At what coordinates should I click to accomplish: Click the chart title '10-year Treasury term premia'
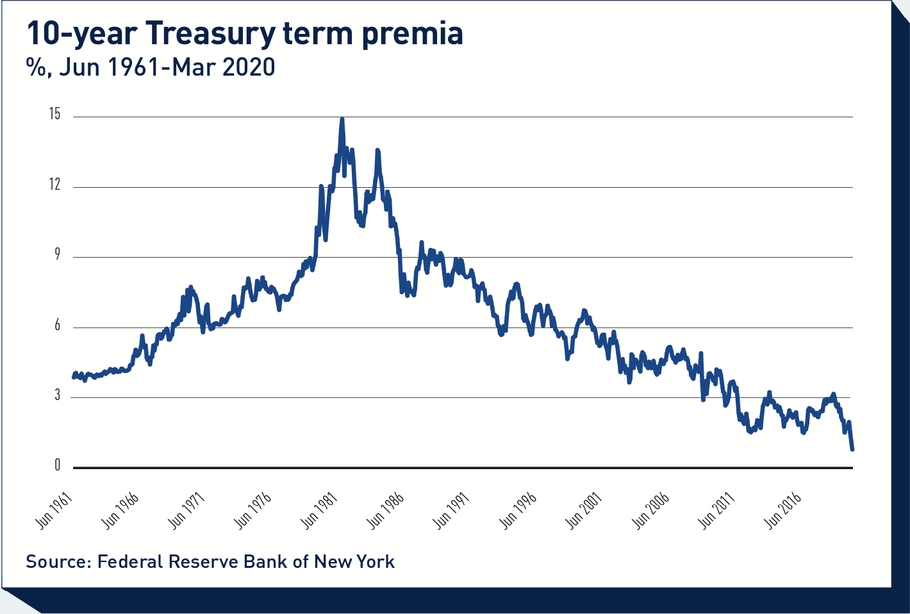pos(244,33)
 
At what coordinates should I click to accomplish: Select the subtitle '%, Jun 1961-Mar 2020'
pos(151,67)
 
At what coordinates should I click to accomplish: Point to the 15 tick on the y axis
pos(54,115)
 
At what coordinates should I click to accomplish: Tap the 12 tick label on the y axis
pos(54,185)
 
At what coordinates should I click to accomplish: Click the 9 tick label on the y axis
pos(56,255)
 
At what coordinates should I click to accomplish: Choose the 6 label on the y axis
pos(56,326)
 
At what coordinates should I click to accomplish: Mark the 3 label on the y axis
pos(56,395)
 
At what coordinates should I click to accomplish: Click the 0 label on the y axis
pos(56,466)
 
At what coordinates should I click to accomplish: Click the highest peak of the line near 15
pos(342,119)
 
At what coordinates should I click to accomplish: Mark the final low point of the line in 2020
pos(852,449)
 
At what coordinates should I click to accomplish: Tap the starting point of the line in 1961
pos(74,377)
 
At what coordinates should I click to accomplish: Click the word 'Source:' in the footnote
pos(58,562)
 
